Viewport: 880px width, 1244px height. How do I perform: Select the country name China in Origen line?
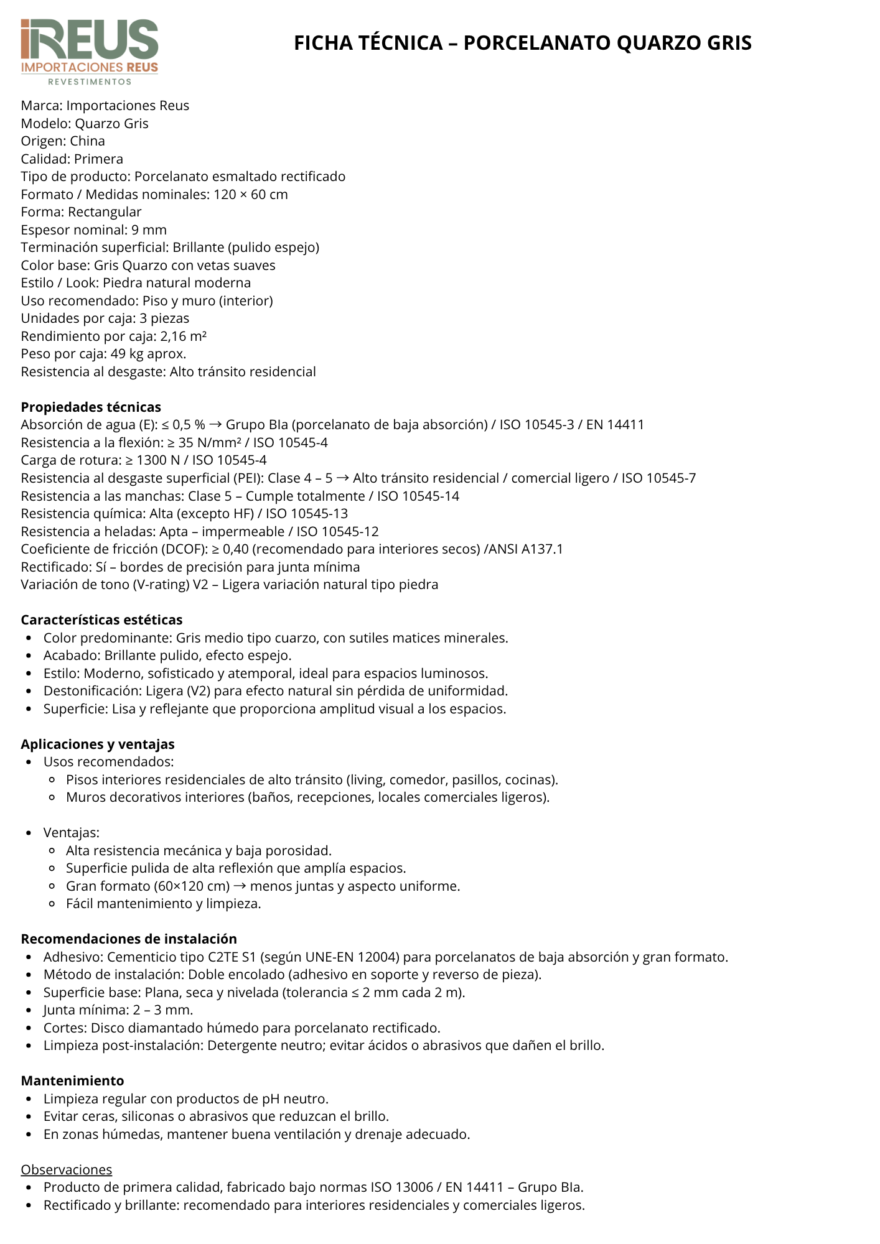(87, 141)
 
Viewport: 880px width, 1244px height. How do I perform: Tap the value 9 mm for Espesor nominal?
(149, 230)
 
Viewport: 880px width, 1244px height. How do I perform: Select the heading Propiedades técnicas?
(91, 407)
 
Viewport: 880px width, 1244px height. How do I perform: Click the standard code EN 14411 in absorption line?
(615, 425)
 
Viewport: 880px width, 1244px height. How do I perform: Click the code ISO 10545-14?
(418, 496)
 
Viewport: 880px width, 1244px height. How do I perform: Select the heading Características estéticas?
(101, 620)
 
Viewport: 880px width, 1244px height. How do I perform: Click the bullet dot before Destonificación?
(29, 692)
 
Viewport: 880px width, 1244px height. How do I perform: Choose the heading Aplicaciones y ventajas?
(98, 745)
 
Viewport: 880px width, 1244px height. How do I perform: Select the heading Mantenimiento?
(72, 1081)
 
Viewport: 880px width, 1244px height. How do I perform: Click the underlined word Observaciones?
(67, 1170)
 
